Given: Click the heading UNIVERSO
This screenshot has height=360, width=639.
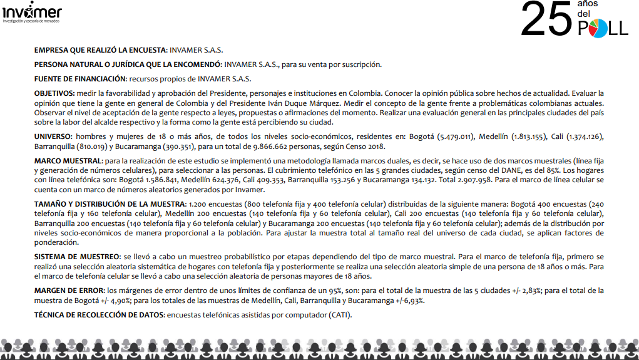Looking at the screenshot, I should [53, 136].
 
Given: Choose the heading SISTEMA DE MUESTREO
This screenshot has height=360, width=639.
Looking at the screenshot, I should [77, 257].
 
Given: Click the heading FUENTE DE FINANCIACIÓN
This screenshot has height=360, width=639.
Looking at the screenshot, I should [79, 79].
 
